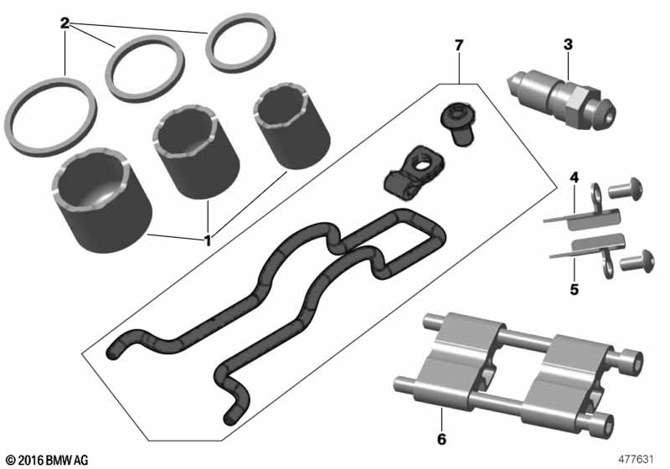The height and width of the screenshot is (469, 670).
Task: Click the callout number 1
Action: point(208,241)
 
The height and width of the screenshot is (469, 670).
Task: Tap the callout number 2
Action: point(64,23)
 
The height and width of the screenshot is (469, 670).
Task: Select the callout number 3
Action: point(568,44)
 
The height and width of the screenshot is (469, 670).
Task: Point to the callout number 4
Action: point(575,178)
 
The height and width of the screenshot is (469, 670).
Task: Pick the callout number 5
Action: point(575,290)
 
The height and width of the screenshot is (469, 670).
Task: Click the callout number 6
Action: point(441,439)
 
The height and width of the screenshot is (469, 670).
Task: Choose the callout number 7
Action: point(459,45)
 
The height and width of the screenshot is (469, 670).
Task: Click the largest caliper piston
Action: point(102,200)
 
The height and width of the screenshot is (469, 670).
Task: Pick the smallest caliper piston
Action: point(291,128)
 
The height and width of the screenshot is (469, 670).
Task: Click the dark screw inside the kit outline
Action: point(457,124)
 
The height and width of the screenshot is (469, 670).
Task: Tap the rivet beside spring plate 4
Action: point(626,188)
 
